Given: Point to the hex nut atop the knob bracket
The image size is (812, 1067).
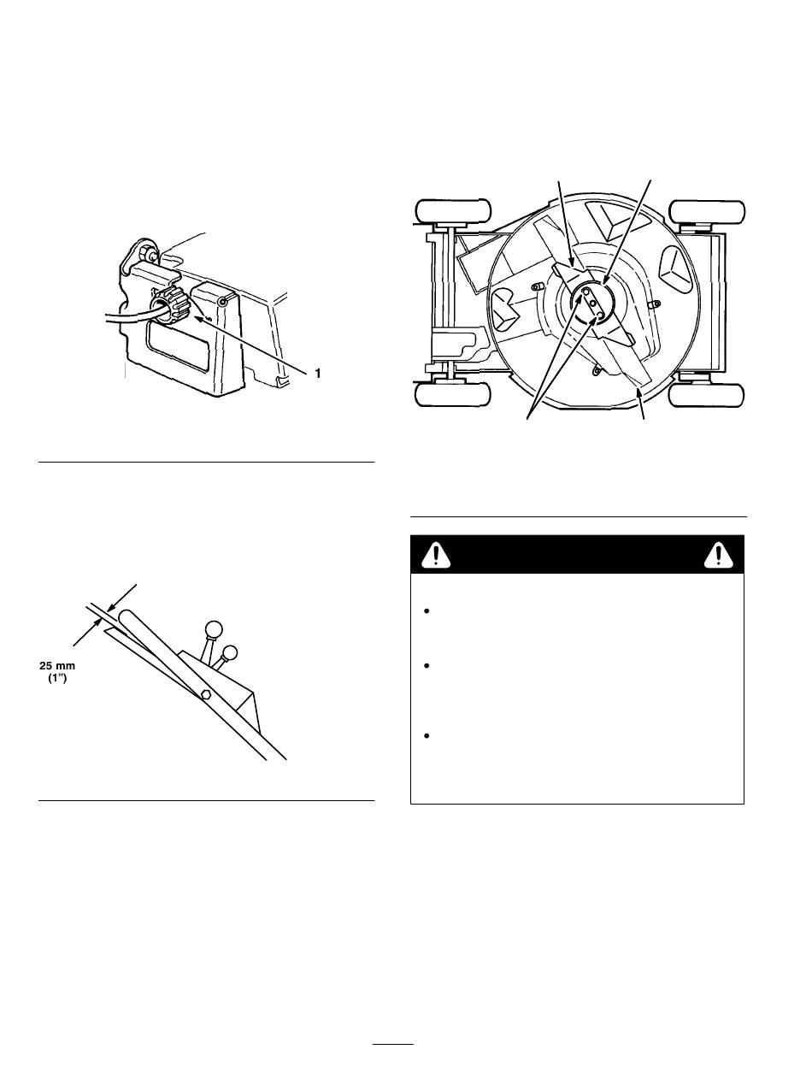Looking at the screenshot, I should pos(148,254).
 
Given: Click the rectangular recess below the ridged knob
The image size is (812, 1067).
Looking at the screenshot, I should pos(180,356).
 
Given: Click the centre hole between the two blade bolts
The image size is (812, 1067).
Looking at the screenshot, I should pos(593,304).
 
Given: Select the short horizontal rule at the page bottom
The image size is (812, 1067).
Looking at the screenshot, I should pos(394,1044).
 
